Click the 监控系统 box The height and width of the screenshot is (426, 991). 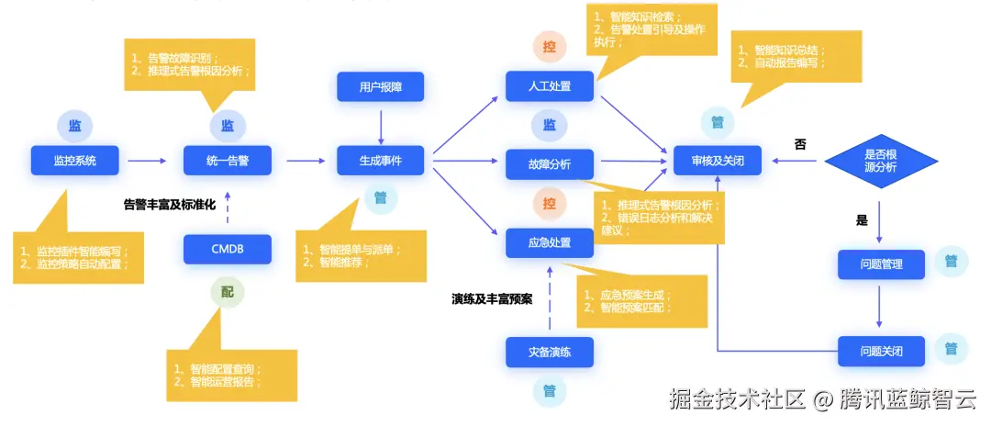(x=74, y=161)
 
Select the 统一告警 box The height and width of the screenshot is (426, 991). (x=228, y=161)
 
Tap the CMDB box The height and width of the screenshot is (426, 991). (x=228, y=248)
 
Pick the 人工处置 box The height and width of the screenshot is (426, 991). (x=551, y=86)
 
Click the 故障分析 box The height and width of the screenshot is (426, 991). (x=551, y=164)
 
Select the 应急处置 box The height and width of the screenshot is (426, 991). (x=551, y=242)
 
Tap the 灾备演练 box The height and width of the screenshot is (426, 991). (x=551, y=352)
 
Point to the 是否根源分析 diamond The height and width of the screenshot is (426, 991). (x=881, y=161)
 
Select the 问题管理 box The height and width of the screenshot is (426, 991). (x=881, y=264)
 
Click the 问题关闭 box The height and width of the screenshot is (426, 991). (x=881, y=352)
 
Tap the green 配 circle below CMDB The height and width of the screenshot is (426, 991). (x=228, y=293)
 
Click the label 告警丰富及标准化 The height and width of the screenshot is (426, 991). (x=170, y=205)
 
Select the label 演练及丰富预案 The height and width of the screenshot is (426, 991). (x=492, y=298)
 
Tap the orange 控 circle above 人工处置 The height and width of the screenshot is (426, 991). (x=550, y=46)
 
